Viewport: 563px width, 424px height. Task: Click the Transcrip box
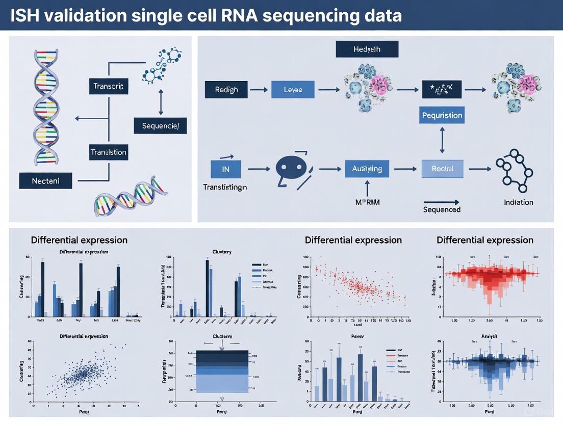tap(108, 86)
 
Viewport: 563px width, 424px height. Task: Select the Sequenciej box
tap(160, 125)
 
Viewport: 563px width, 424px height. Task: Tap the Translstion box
tap(108, 152)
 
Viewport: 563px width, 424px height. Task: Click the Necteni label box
tap(45, 180)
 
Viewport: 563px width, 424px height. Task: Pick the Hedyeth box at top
tap(367, 49)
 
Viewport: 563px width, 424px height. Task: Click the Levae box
tap(292, 89)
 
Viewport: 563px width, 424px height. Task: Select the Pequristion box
tap(442, 115)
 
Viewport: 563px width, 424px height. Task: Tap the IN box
tap(225, 169)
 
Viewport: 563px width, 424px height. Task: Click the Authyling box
tap(367, 169)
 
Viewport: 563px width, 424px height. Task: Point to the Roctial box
tap(442, 169)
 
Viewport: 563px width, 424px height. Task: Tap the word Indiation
tap(518, 202)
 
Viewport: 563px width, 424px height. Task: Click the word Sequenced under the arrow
tap(442, 209)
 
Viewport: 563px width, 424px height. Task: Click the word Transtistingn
tap(225, 187)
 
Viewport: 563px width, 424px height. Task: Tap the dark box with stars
tap(442, 89)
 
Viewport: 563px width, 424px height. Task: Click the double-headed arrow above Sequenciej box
tap(161, 101)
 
